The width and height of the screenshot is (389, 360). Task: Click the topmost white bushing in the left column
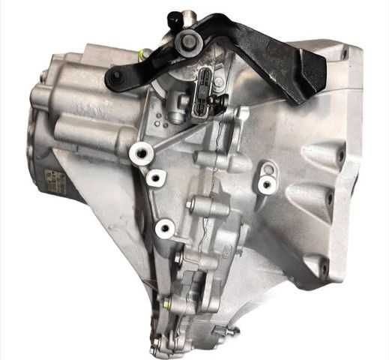(137, 153)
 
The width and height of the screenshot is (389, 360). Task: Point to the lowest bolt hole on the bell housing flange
(324, 265)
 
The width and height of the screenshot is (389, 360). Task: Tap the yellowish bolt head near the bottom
(166, 304)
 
